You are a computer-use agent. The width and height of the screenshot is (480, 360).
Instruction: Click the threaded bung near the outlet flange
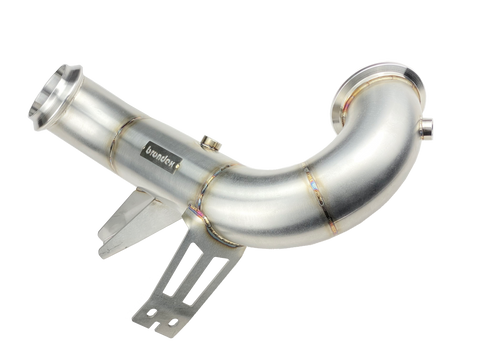(427, 127)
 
